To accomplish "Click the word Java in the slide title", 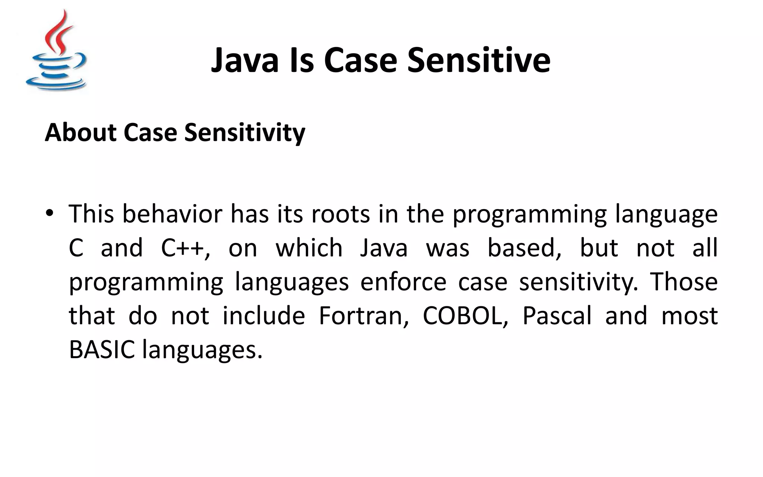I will pyautogui.click(x=245, y=60).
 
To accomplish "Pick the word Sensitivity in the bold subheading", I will pyautogui.click(x=245, y=132).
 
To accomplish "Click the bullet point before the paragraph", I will pyautogui.click(x=49, y=214).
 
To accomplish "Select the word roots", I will pyautogui.click(x=341, y=214).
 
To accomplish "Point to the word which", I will pyautogui.click(x=309, y=248).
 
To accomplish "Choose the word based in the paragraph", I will pyautogui.click(x=524, y=248).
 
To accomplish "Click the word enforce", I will pyautogui.click(x=403, y=282).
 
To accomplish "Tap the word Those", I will pyautogui.click(x=684, y=282).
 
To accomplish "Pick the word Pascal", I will pyautogui.click(x=557, y=316).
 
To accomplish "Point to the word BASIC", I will pyautogui.click(x=102, y=350).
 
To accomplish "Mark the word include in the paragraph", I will pyautogui.click(x=264, y=316).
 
